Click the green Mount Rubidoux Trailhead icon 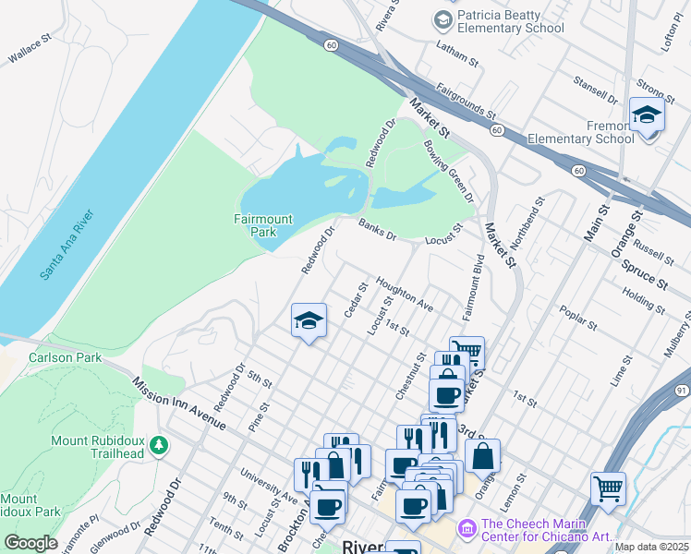159,446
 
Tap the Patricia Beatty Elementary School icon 442,19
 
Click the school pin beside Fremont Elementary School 647,115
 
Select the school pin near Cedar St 309,321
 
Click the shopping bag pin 482,456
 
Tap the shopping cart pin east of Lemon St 608,488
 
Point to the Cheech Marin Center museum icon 467,527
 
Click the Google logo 30,543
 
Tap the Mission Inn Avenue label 178,403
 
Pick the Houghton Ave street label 404,294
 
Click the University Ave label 268,483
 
